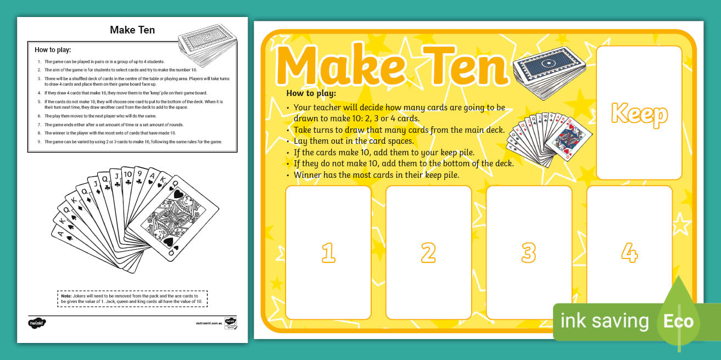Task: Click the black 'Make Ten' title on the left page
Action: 132,30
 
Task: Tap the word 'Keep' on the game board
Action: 639,114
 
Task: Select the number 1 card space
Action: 328,252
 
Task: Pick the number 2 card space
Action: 428,252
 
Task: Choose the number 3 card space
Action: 529,252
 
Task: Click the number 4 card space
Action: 629,252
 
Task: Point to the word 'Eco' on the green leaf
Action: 678,322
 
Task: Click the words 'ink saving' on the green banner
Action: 604,321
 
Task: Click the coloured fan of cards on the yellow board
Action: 549,134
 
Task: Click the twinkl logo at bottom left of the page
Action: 37,322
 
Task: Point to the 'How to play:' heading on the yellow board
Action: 311,93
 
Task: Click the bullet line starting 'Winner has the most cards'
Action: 376,175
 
